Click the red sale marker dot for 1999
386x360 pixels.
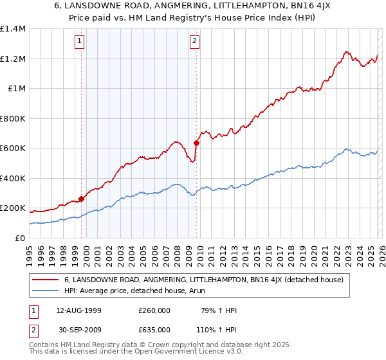pyautogui.click(x=82, y=199)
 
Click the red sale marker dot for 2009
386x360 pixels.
pyautogui.click(x=196, y=143)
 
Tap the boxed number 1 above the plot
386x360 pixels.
pyautogui.click(x=80, y=42)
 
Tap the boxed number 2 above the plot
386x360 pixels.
pyautogui.click(x=194, y=42)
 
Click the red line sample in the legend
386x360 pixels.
pyautogui.click(x=46, y=280)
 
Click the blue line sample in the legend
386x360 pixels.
pyautogui.click(x=46, y=290)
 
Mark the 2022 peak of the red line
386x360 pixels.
pyautogui.click(x=345, y=51)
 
